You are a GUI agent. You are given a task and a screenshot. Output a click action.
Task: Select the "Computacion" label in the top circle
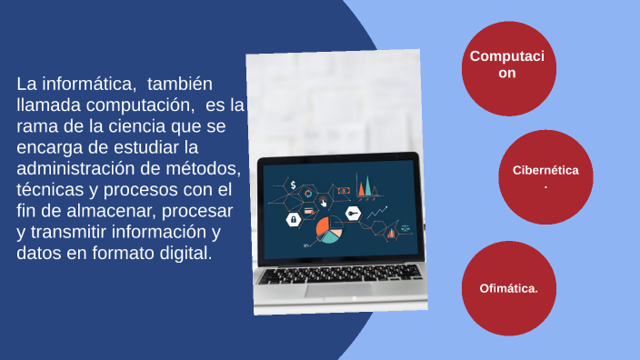507,65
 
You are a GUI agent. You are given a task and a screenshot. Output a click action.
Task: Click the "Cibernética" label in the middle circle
545,170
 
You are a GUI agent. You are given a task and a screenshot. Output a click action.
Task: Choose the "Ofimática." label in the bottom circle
509,288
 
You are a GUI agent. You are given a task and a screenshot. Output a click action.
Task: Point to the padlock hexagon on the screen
293,219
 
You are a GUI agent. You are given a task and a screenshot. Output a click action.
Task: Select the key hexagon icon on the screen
352,213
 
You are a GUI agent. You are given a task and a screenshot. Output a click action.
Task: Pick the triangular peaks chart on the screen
365,189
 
